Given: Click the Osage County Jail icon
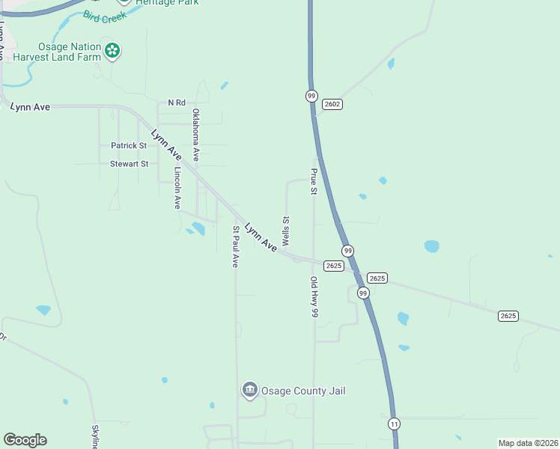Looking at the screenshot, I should (x=249, y=390).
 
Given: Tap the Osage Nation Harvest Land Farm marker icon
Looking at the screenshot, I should (x=112, y=51).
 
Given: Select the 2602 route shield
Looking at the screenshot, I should (x=332, y=104).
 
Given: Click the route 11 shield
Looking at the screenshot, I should (x=394, y=424).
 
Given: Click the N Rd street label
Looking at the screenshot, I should (x=177, y=103).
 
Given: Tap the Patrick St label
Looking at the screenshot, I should (x=129, y=146).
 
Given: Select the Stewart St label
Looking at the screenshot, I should (x=130, y=164).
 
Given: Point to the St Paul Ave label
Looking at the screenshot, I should (x=235, y=247).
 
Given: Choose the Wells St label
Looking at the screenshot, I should (x=285, y=232).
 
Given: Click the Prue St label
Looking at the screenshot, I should (x=314, y=181).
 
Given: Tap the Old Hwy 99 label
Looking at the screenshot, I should (x=314, y=298).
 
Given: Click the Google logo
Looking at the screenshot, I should (x=25, y=440).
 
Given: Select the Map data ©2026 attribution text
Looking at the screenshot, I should (x=527, y=443).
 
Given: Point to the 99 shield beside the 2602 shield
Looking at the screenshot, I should (x=311, y=96).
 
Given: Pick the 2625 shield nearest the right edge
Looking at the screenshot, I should (x=508, y=316).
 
